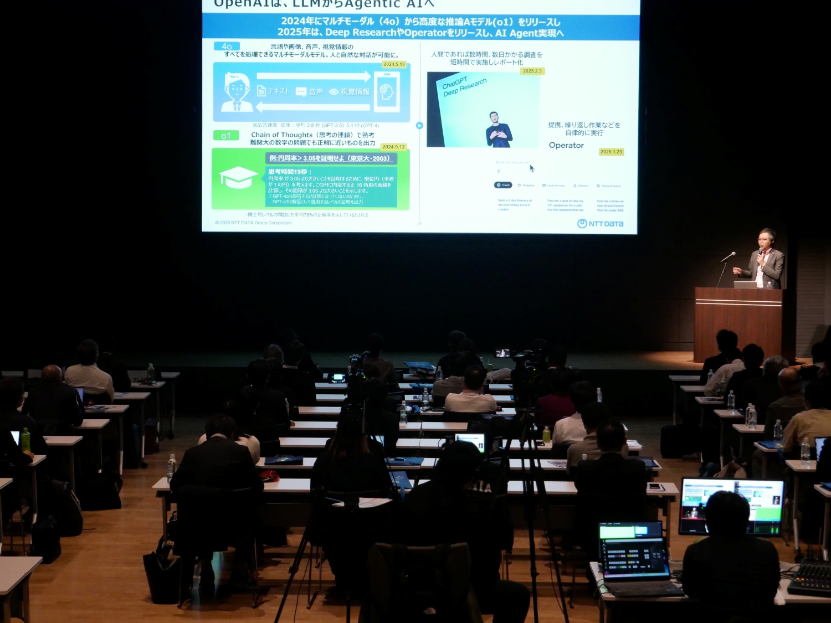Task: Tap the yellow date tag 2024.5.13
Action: pos(394,64)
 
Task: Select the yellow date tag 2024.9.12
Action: pos(393,147)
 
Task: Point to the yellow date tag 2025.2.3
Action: pos(532,71)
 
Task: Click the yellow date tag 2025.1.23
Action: pos(611,152)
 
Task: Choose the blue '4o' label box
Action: pos(227,47)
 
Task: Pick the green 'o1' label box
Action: pos(225,136)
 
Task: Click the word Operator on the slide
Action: pos(566,145)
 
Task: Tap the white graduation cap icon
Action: pos(238,177)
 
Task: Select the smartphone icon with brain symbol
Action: pos(387,92)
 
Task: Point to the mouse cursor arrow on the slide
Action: pos(532,168)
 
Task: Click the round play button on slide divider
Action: pos(419,126)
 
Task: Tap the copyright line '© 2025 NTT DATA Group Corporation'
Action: pos(253,223)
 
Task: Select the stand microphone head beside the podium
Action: pos(731,255)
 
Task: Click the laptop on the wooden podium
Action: pos(745,284)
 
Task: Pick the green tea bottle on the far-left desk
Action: pos(25,439)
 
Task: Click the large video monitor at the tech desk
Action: pos(731,507)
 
